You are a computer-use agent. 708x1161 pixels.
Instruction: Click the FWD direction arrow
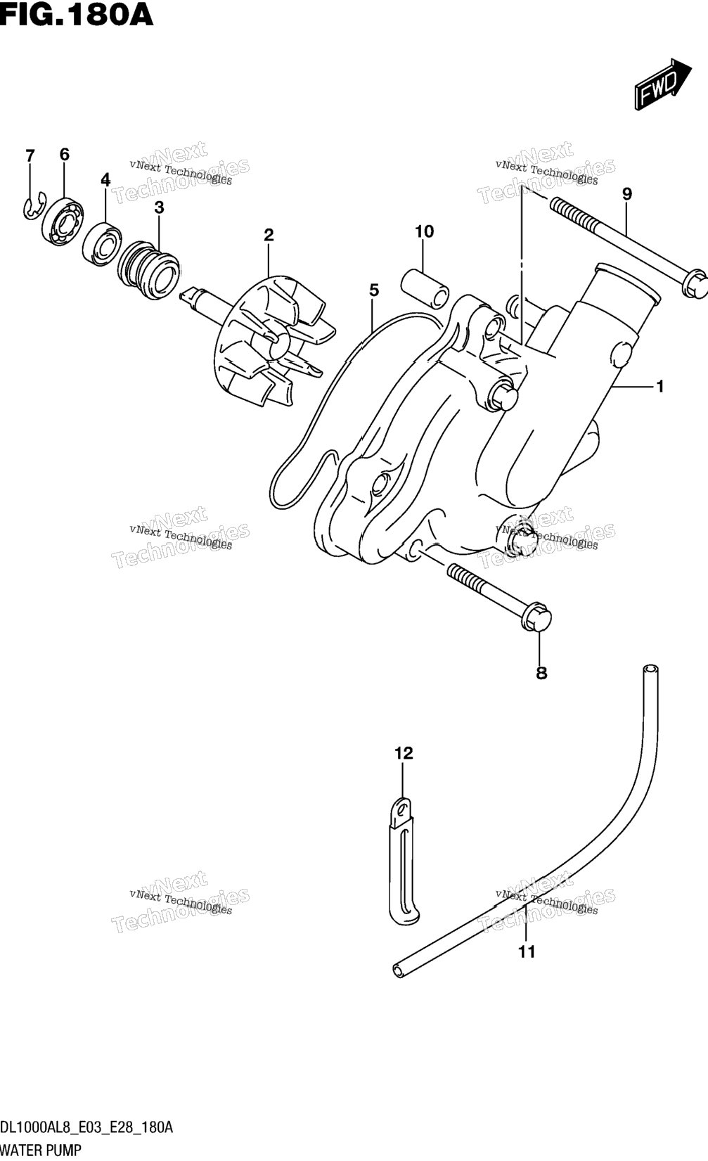coord(662,84)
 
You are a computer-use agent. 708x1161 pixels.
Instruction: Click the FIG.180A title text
coord(77,15)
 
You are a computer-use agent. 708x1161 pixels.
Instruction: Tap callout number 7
coord(30,155)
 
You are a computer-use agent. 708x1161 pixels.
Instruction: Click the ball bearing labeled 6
coord(63,221)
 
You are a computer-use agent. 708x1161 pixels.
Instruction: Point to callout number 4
coord(105,180)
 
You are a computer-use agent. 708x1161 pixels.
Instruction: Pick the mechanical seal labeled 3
coord(150,268)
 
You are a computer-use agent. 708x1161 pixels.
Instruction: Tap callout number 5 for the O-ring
coord(374,290)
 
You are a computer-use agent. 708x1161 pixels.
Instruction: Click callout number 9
coord(627,194)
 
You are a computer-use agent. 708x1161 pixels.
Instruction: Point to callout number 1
coord(659,386)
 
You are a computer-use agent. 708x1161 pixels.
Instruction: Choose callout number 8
coord(541,673)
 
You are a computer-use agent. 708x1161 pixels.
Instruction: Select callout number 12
coord(404,753)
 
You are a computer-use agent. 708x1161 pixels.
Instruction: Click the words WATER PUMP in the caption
coord(41,1150)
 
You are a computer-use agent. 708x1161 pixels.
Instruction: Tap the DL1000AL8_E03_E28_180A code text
coord(86,1127)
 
